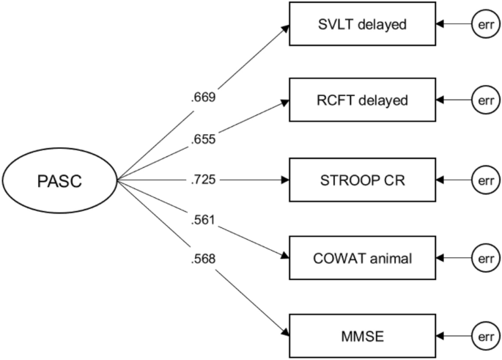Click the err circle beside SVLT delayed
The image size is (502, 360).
(x=484, y=25)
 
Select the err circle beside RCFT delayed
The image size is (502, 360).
(x=484, y=101)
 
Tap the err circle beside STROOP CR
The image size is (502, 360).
(x=484, y=180)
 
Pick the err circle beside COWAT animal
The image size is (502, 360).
(x=484, y=257)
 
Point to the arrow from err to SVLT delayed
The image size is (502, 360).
(x=451, y=25)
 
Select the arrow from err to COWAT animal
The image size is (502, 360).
(x=451, y=257)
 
